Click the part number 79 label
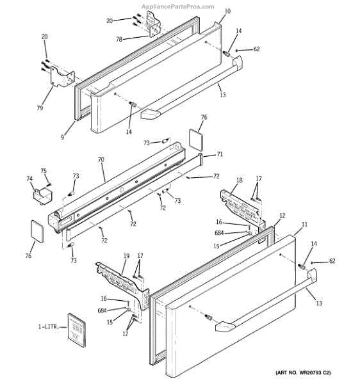[40, 108]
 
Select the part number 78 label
[119, 39]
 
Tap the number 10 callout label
[227, 11]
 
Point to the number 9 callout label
[62, 137]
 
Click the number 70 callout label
[101, 159]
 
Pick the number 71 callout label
[220, 154]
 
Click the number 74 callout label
[29, 179]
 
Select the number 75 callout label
[44, 171]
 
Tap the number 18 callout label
[240, 180]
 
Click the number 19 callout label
[126, 256]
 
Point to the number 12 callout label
[282, 216]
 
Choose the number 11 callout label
[304, 225]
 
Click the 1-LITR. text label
[49, 326]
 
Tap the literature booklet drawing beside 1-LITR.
[77, 330]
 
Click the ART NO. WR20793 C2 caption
[303, 372]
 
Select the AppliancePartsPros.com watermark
[178, 6]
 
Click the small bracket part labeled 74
[43, 196]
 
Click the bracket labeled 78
[152, 24]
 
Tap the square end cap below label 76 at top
[196, 139]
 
